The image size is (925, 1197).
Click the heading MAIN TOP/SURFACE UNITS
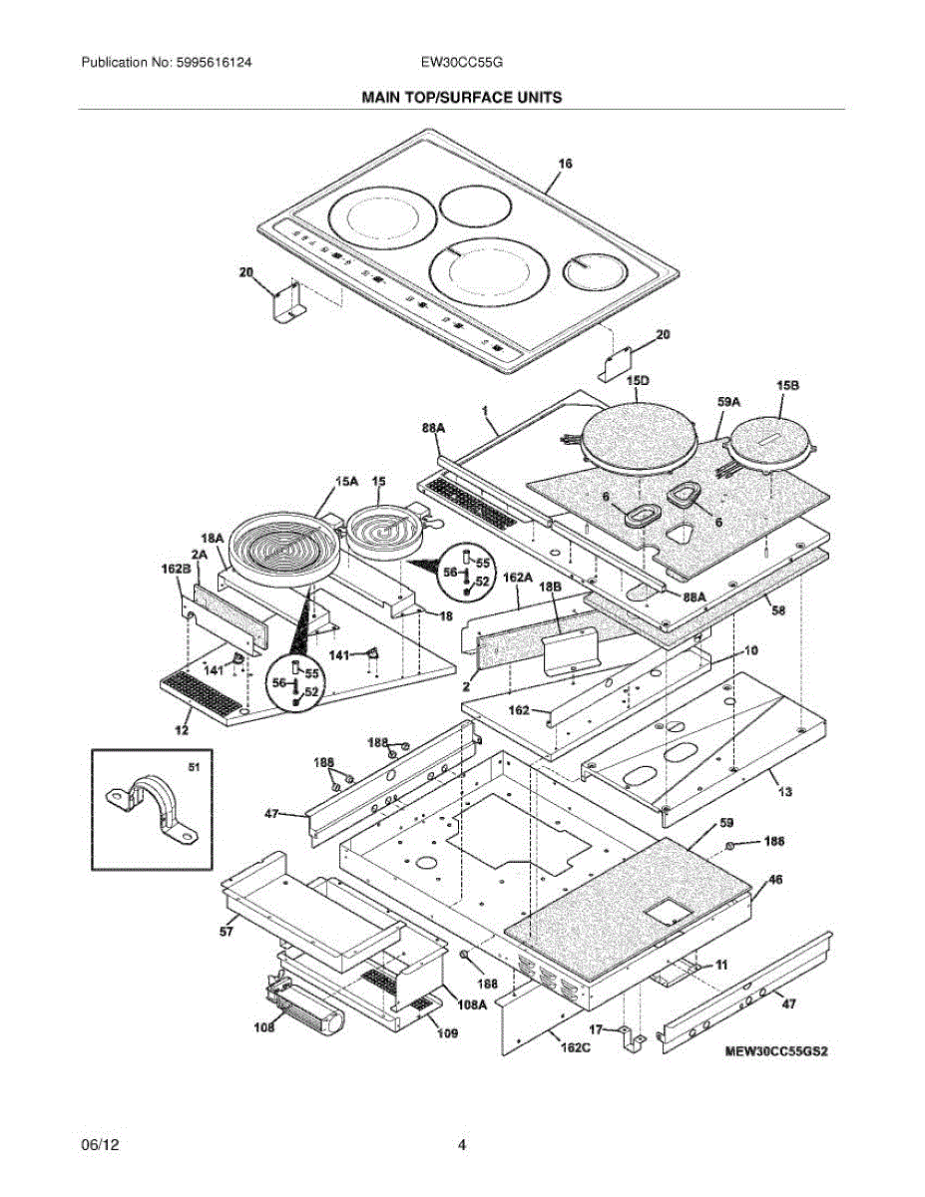click(461, 98)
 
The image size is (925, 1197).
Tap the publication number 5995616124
click(216, 62)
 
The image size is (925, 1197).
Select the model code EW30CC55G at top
click(461, 62)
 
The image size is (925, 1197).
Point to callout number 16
click(565, 163)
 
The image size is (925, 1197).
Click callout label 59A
click(728, 402)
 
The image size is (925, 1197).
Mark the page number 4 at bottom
click(461, 1145)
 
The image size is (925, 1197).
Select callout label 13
click(785, 792)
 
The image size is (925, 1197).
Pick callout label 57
click(228, 932)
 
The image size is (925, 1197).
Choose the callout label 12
click(182, 731)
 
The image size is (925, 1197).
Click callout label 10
click(750, 650)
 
